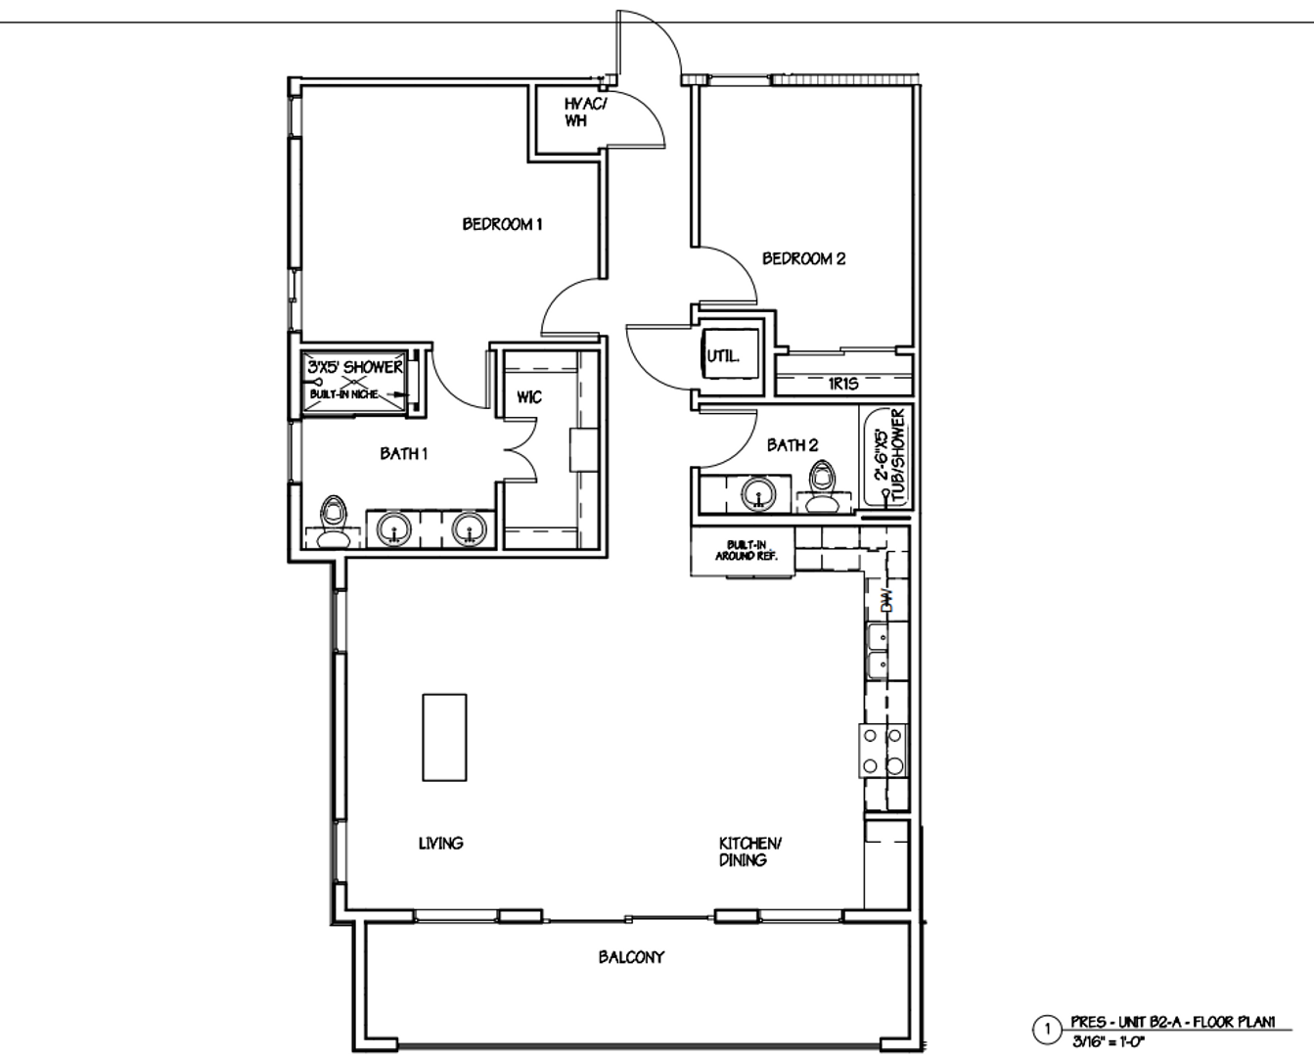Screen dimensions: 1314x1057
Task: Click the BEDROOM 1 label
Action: coord(502,224)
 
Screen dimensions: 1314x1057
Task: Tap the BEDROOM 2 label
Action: coord(803,258)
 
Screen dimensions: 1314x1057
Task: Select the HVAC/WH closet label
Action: coord(585,113)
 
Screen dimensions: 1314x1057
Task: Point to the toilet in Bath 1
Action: coord(334,522)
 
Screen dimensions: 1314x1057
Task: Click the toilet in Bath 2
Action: coord(822,485)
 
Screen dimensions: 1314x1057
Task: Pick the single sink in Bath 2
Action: coord(757,493)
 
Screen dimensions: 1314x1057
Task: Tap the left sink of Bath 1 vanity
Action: coord(395,528)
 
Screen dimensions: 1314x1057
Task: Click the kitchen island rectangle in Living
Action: coord(444,737)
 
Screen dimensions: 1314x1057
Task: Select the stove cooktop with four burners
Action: coord(883,751)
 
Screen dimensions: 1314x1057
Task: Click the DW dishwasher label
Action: coord(887,601)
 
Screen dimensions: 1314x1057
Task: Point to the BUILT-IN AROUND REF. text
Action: coord(747,550)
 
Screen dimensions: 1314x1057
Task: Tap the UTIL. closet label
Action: coord(723,355)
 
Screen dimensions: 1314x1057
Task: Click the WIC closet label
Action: coord(528,397)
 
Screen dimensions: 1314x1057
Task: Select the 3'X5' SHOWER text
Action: coord(355,367)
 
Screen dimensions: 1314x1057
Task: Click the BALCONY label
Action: coord(631,957)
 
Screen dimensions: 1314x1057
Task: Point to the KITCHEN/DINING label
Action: coord(749,851)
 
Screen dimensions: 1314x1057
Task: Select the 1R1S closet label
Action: coord(843,384)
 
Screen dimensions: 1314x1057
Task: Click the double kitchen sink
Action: coord(879,651)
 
